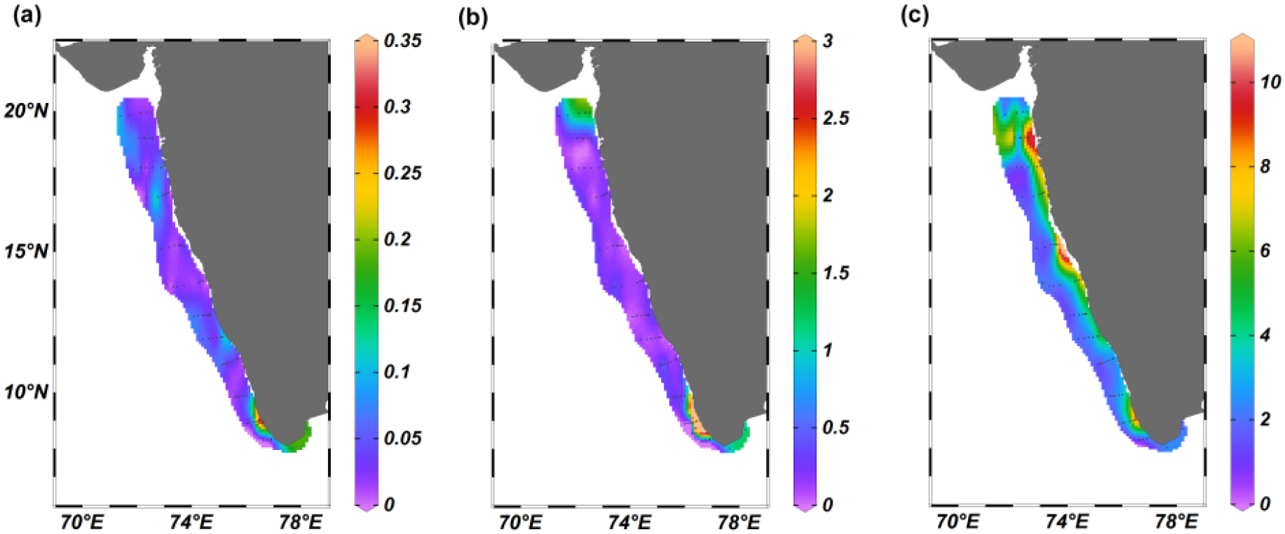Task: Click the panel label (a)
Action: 27,15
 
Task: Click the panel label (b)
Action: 472,16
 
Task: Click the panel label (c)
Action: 914,15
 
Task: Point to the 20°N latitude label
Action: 26,111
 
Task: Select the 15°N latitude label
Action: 26,251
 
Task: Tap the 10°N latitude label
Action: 26,392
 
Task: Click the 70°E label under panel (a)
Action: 82,522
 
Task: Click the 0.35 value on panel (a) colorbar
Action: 403,41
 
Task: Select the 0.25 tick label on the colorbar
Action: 403,173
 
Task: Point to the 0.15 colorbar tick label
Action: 403,306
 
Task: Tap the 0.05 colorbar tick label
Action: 403,438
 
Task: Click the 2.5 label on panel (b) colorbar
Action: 836,118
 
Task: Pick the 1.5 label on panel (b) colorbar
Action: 836,273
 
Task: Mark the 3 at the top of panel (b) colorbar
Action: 828,41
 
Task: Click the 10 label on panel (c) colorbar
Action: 1270,82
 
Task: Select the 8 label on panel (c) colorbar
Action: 1265,166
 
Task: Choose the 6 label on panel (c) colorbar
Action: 1265,250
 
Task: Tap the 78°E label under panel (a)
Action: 301,522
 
